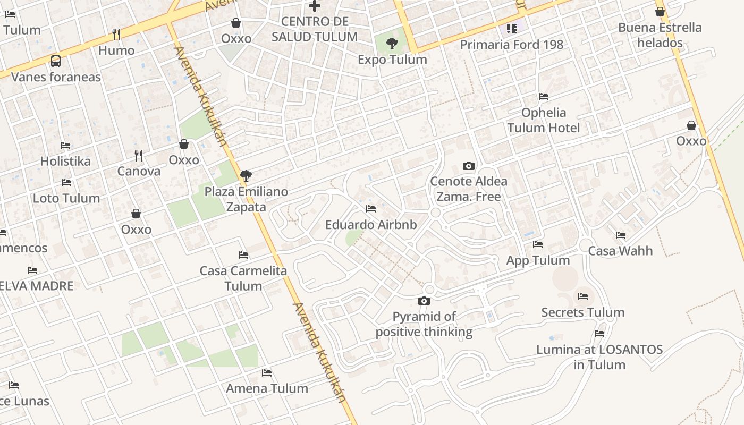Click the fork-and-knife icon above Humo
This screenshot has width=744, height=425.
point(116,35)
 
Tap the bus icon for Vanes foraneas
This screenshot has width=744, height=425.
point(56,61)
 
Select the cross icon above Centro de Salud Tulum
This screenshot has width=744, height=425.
point(315,6)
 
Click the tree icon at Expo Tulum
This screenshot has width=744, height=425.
point(392,44)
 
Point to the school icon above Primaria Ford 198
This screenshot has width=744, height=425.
point(511,29)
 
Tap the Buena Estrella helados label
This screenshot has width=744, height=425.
point(660,35)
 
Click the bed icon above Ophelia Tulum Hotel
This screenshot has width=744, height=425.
point(544,97)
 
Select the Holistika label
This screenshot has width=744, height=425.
point(65,161)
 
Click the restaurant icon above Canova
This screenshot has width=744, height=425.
point(139,155)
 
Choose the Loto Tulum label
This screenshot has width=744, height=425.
point(66,198)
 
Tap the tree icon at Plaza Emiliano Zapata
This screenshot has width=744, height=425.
point(246,176)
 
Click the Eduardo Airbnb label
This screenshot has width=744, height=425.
point(371,225)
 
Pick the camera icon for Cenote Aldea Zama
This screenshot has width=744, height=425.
point(468,166)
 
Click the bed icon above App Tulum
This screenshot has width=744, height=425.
point(538,244)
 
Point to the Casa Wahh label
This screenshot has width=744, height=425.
point(620,251)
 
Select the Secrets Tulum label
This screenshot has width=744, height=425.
point(582,312)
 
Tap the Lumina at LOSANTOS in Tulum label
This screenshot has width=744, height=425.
point(599,357)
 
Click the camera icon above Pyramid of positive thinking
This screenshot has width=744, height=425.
point(424,301)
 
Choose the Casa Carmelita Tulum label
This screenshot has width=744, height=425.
point(243,278)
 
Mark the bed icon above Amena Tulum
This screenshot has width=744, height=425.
point(267,373)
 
